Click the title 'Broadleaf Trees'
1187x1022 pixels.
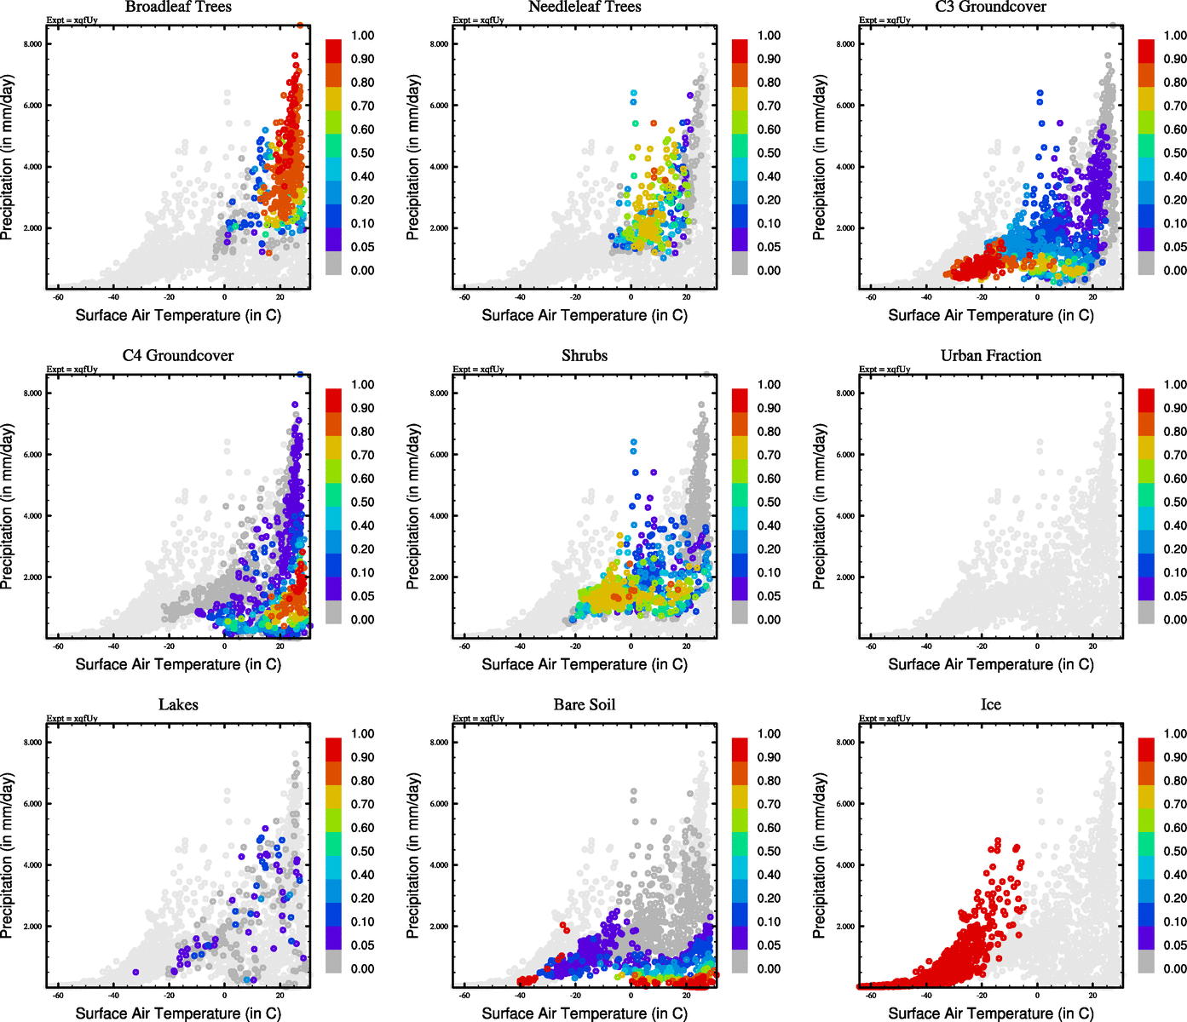178,7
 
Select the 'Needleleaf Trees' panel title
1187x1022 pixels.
585,7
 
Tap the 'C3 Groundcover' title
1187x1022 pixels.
990,7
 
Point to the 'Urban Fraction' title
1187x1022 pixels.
990,356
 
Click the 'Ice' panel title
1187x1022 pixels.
990,705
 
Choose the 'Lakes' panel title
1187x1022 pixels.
178,705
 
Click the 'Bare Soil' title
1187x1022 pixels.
585,705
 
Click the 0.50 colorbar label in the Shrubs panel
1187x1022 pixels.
769,502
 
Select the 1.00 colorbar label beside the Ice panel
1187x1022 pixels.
1175,734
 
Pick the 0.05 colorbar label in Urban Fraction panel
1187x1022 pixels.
1175,596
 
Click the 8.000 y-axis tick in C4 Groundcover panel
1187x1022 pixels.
32,393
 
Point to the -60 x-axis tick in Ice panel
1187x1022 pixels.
871,995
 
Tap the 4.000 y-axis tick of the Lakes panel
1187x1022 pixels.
32,865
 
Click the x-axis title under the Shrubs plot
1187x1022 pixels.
585,664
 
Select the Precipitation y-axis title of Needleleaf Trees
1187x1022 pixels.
413,157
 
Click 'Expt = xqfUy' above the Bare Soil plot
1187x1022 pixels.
478,719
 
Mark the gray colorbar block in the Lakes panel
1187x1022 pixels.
334,962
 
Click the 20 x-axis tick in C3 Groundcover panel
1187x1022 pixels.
1092,297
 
